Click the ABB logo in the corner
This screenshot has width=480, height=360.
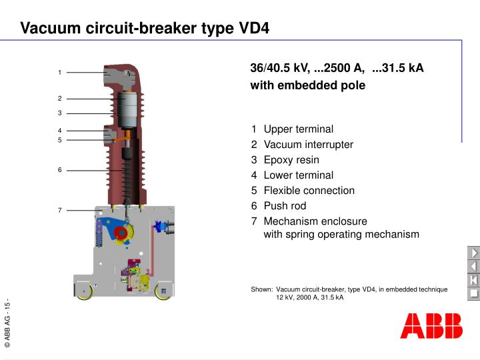(431, 325)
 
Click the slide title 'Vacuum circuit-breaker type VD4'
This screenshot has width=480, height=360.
(145, 29)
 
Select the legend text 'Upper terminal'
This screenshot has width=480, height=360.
(298, 129)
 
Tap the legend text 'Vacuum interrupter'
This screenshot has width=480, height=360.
(308, 145)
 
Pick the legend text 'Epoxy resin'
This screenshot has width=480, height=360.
(291, 160)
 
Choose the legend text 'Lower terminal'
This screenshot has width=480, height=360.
(298, 175)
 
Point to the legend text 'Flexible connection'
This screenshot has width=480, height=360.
(309, 191)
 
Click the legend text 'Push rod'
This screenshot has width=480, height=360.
(285, 206)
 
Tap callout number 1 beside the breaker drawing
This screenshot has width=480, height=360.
(59, 73)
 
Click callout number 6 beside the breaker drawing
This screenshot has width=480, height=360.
(59, 170)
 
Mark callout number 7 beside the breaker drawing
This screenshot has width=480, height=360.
(59, 211)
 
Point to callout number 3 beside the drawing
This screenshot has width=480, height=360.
(59, 113)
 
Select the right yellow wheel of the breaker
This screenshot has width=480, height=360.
(162, 291)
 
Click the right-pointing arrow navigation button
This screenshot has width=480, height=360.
(473, 253)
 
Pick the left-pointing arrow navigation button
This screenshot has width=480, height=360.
(473, 267)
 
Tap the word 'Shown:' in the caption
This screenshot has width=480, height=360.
(262, 289)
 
